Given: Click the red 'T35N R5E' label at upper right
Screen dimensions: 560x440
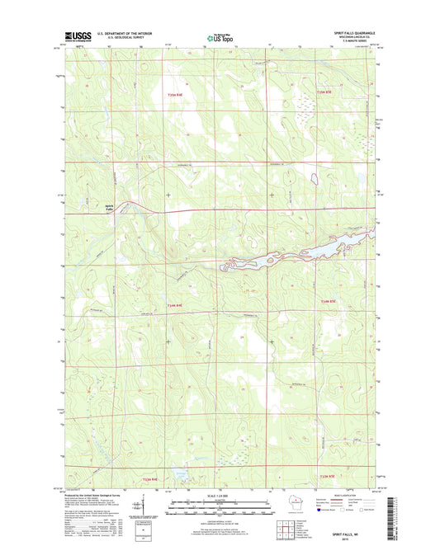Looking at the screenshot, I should click(327, 92).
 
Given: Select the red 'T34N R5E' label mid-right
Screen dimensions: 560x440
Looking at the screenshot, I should click(328, 304).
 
